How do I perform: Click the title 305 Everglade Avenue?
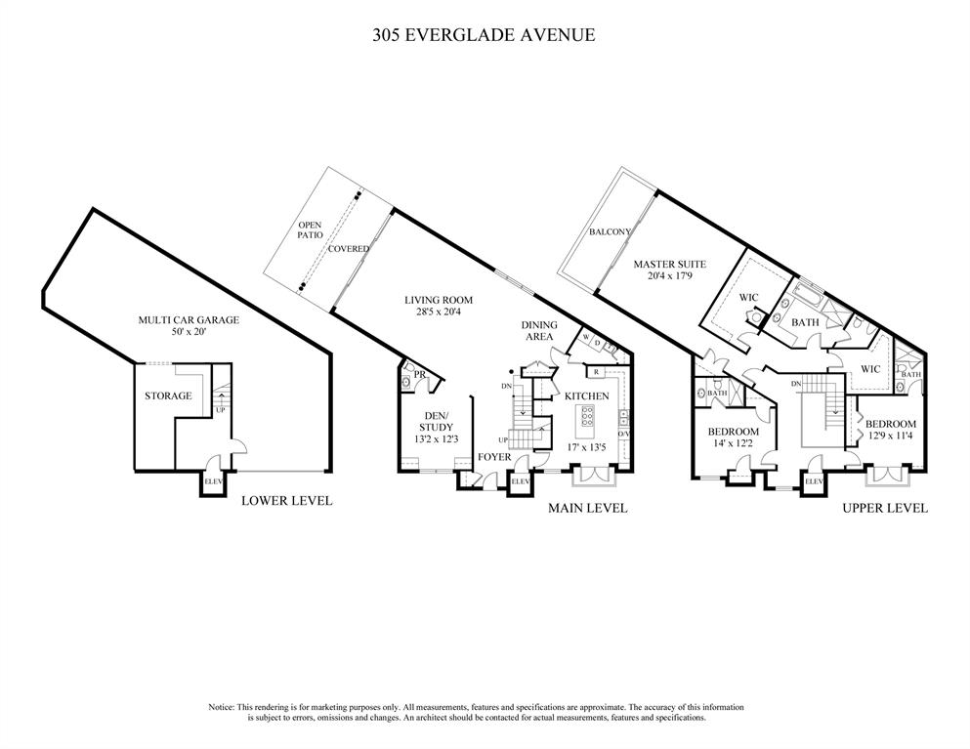pos(484,35)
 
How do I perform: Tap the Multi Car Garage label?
pos(189,319)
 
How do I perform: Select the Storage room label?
pos(168,395)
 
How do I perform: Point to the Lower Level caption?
pos(286,500)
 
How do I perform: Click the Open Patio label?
pos(310,230)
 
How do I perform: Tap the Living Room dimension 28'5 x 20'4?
pos(439,312)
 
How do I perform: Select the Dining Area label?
pos(539,330)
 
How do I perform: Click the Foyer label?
pos(494,457)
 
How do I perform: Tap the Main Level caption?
pos(588,509)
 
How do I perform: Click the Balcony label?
pos(610,232)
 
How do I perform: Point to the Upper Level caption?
pos(885,509)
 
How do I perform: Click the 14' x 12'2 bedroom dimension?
pos(733,442)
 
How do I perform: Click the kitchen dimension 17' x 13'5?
pos(587,446)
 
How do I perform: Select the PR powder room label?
pos(420,374)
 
